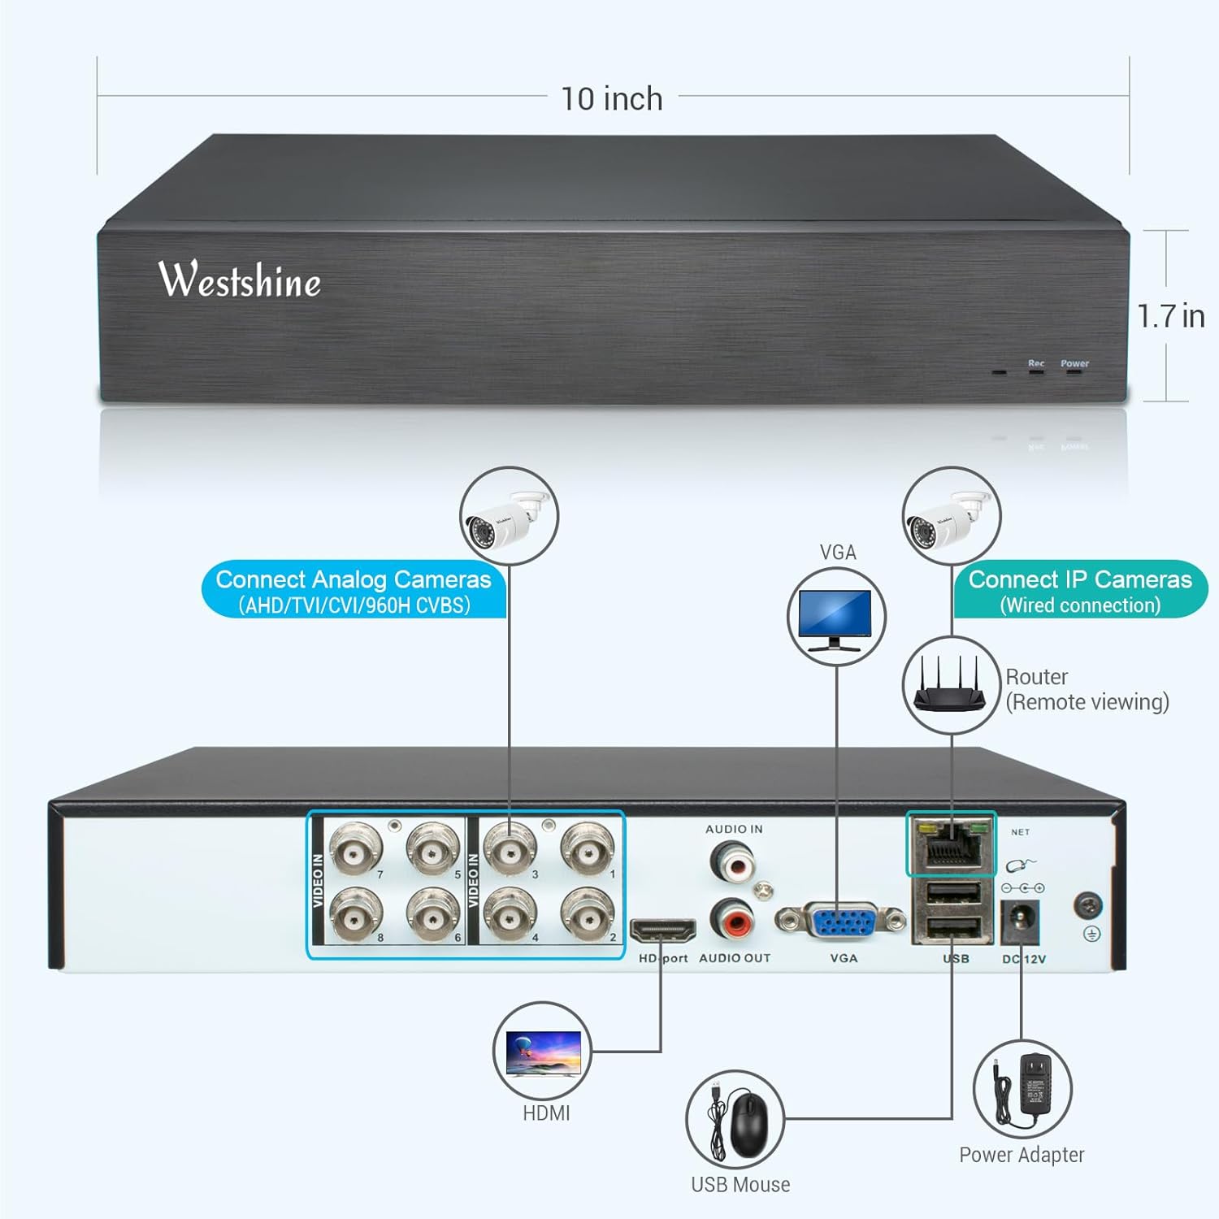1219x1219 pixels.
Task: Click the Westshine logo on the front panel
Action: pyautogui.click(x=240, y=280)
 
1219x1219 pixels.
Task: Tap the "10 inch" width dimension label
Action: pyautogui.click(x=612, y=99)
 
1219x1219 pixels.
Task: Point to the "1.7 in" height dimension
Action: pyautogui.click(x=1170, y=316)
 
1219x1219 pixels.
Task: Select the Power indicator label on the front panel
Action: pyautogui.click(x=1074, y=363)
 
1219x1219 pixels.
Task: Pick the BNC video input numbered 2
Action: pyautogui.click(x=588, y=913)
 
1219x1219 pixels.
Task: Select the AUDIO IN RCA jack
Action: pyautogui.click(x=734, y=860)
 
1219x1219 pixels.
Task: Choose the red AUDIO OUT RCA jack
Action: pyautogui.click(x=733, y=920)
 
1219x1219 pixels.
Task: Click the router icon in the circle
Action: pyautogui.click(x=951, y=684)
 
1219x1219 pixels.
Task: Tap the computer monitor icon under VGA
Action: pyautogui.click(x=836, y=617)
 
